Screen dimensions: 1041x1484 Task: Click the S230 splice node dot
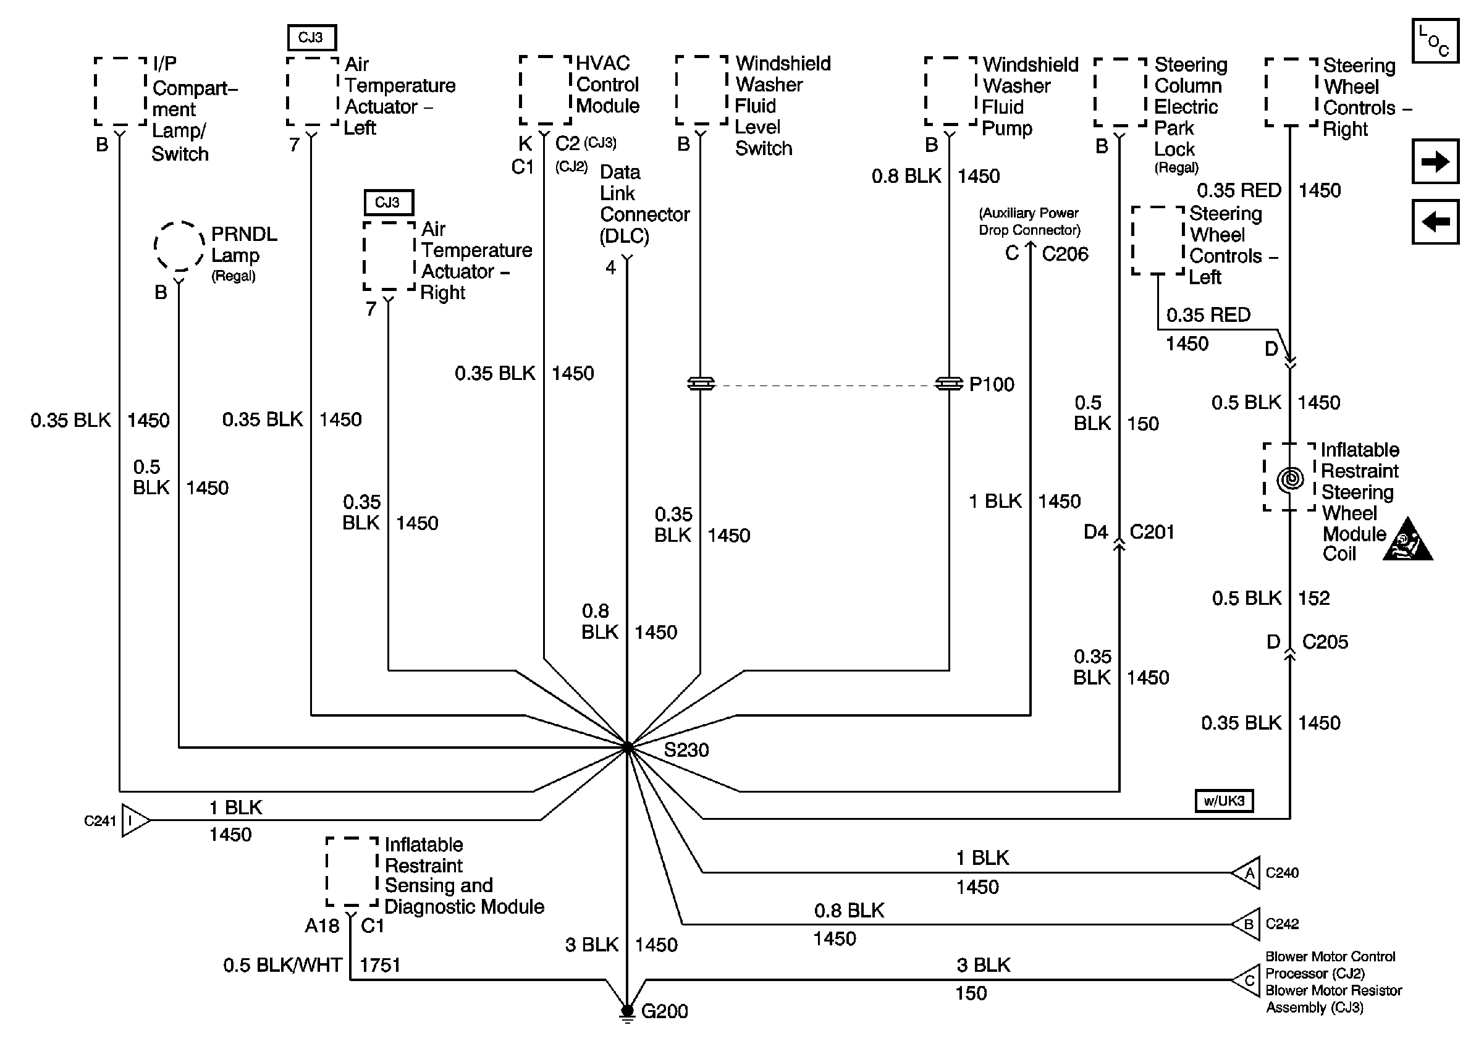coord(627,748)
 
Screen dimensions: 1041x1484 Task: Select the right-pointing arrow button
coord(1435,161)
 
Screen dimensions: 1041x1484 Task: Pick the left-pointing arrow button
coord(1435,222)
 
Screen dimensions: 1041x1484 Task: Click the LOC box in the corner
coord(1435,41)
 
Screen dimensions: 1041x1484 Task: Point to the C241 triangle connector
coord(135,820)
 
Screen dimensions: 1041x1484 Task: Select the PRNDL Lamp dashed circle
coord(179,247)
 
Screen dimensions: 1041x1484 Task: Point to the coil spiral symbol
coord(1290,479)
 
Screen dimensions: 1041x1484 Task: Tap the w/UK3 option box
coord(1224,801)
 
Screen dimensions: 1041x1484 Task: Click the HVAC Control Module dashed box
coord(546,90)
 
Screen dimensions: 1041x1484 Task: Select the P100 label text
coord(992,384)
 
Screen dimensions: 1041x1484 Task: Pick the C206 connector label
coord(1065,254)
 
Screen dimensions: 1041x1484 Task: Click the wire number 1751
coord(380,965)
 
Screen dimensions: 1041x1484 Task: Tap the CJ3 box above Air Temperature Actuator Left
coord(311,38)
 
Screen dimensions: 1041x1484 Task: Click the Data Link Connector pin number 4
coord(611,267)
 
